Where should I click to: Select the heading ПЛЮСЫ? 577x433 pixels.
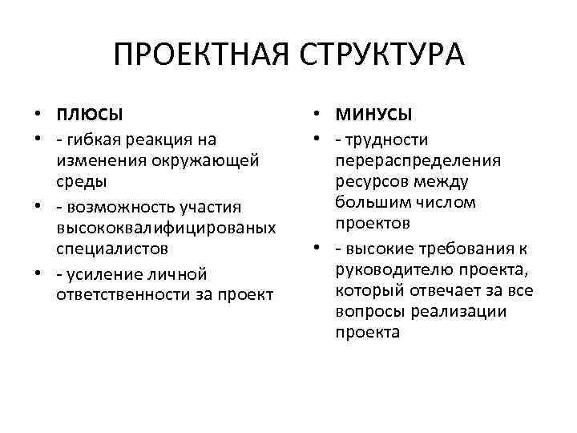click(x=90, y=111)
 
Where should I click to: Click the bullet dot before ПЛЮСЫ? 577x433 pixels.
click(x=38, y=111)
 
